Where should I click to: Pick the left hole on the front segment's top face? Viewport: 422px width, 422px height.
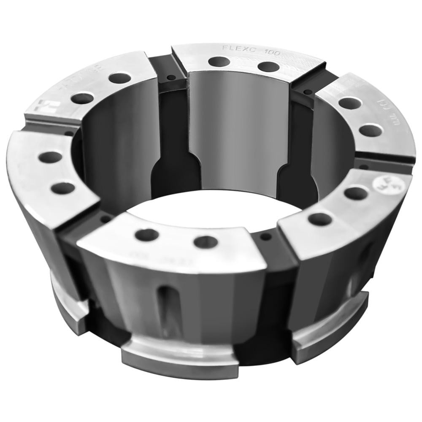click(x=146, y=235)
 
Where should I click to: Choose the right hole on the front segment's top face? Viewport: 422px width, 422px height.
click(x=206, y=242)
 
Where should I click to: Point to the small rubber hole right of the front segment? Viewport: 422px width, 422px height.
click(x=265, y=237)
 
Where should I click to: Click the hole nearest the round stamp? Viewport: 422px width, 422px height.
click(x=355, y=193)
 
